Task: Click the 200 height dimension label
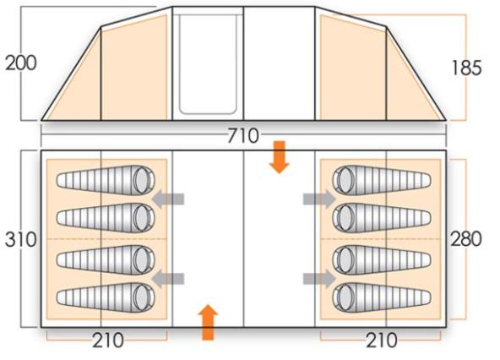(21, 63)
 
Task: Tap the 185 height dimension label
(466, 68)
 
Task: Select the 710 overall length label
(243, 136)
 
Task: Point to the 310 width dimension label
(21, 240)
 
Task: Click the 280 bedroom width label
(466, 239)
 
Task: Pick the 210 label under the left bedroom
(108, 341)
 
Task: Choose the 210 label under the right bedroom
(382, 341)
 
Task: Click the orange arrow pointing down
(280, 157)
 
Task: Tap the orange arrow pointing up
(208, 322)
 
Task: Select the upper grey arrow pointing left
(168, 199)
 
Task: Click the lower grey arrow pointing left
(168, 279)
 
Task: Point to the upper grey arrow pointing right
(319, 199)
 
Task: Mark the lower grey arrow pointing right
(319, 279)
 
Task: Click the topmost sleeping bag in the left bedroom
(106, 180)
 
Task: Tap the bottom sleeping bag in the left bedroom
(106, 297)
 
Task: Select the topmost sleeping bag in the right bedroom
(382, 180)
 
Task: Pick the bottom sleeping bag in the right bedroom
(382, 297)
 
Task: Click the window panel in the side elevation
(208, 64)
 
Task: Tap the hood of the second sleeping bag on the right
(345, 218)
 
